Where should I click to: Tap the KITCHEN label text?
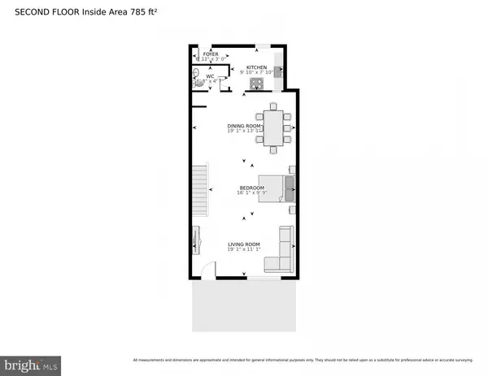coord(256,68)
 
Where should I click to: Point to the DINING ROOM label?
coord(243,126)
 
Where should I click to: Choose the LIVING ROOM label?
coord(243,244)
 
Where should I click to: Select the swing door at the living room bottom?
coord(209,272)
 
